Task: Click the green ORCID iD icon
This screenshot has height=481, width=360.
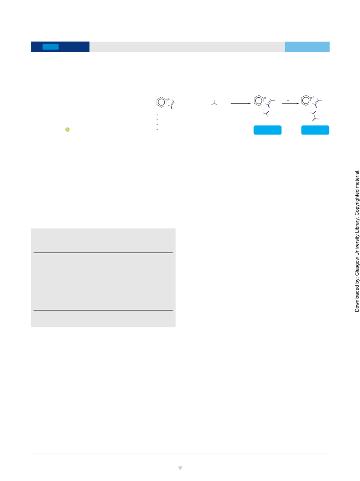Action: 68,129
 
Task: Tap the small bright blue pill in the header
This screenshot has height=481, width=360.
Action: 50,47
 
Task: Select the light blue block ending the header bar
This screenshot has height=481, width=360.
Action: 307,47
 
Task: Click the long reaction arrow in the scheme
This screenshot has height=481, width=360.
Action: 241,104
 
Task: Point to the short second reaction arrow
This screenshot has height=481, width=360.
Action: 290,104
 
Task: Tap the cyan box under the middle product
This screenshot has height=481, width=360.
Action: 267,130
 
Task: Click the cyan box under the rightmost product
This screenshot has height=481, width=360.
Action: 315,130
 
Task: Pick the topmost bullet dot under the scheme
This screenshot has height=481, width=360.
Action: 157,115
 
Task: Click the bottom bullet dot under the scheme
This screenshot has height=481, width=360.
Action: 157,129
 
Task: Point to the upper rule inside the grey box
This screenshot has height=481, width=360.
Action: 103,253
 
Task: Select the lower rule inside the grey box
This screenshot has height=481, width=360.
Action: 103,310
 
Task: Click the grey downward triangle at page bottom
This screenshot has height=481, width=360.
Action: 180,468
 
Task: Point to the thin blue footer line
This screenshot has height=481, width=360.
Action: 180,453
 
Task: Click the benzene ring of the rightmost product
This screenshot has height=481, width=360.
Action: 306,100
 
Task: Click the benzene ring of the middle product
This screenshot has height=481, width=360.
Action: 259,101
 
